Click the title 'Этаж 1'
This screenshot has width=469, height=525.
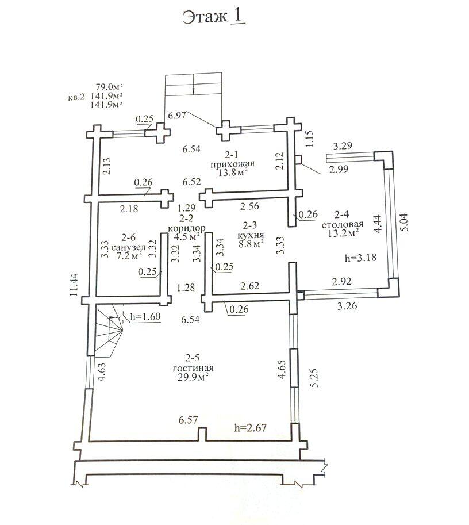click(214, 17)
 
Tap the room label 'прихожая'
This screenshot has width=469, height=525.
click(232, 164)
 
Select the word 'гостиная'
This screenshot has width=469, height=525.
click(193, 368)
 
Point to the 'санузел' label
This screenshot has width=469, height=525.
click(129, 247)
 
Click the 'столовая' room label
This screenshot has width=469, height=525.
click(343, 224)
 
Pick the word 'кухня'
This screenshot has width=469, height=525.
click(251, 235)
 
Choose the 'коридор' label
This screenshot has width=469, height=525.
click(186, 228)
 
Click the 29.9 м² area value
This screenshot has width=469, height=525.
click(194, 377)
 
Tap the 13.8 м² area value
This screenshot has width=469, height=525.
click(233, 173)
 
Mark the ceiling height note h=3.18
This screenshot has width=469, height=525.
click(360, 258)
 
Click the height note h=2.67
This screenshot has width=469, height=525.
click(251, 428)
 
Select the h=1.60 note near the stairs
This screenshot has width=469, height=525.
click(145, 316)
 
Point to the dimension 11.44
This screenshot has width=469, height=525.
click(74, 285)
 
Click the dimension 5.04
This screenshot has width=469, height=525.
click(403, 221)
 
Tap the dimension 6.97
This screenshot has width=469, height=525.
click(177, 116)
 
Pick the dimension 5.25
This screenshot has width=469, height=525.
click(314, 378)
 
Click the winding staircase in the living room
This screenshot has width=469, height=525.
click(109, 328)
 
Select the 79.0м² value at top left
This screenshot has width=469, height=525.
click(109, 87)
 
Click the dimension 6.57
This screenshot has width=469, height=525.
click(188, 420)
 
